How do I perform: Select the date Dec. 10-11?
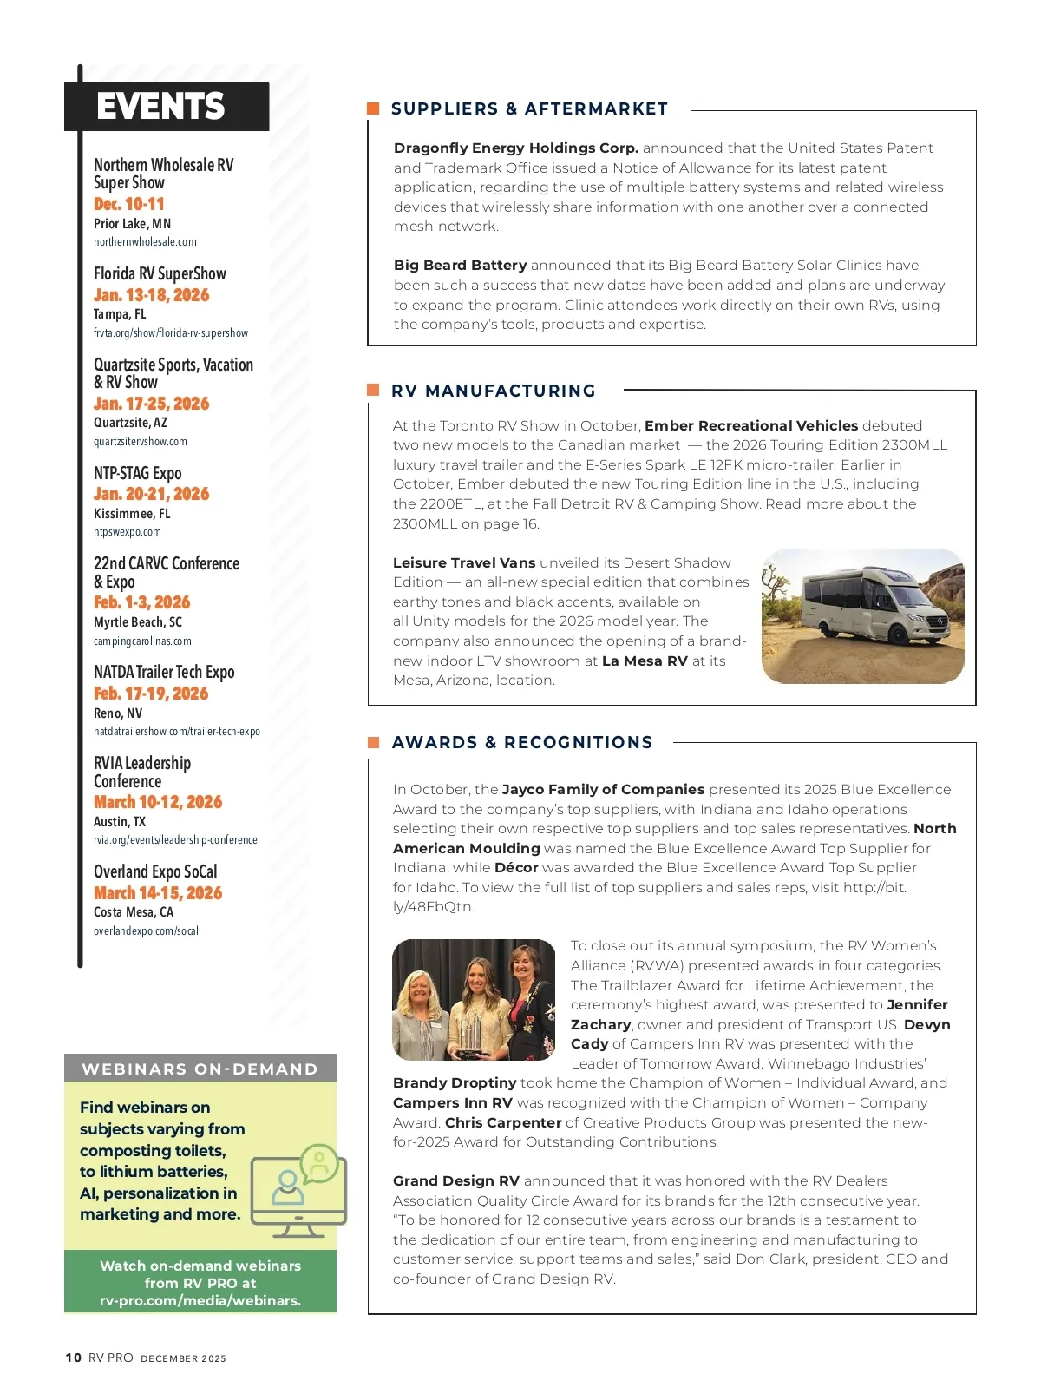(x=128, y=204)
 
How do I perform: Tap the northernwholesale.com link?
(x=145, y=242)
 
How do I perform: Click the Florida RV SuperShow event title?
(x=160, y=273)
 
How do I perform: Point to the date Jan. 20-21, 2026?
(x=151, y=494)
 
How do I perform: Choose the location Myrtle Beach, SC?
(x=138, y=622)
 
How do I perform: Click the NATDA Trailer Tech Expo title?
(x=164, y=672)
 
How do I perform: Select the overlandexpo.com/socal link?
(x=146, y=931)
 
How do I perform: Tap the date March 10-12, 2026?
(x=158, y=802)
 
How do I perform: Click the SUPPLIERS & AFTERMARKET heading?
(x=529, y=108)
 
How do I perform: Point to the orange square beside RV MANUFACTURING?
(x=374, y=391)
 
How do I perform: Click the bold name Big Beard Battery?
(x=460, y=266)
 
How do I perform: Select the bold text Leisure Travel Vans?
(x=464, y=562)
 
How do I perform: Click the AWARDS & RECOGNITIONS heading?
(x=522, y=742)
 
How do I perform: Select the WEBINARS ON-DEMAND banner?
(x=200, y=1069)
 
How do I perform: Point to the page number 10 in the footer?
(x=74, y=1358)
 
